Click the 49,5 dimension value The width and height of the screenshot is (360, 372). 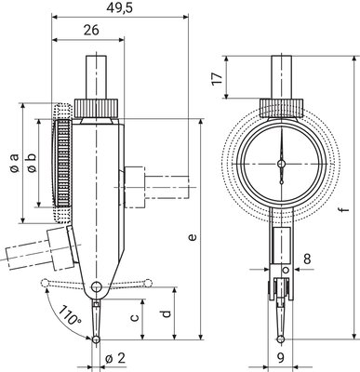coord(119,8)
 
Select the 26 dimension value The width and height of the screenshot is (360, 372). coord(91,30)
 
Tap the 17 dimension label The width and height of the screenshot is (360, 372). coord(218,78)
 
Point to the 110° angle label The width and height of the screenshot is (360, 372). coord(69,314)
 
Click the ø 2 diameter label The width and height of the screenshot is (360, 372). coord(115,359)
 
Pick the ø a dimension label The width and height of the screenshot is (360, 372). coord(14,163)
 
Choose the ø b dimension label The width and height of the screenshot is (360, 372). coord(32,163)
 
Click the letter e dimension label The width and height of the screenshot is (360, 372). coord(193,237)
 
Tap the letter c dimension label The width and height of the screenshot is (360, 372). coord(134,317)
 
